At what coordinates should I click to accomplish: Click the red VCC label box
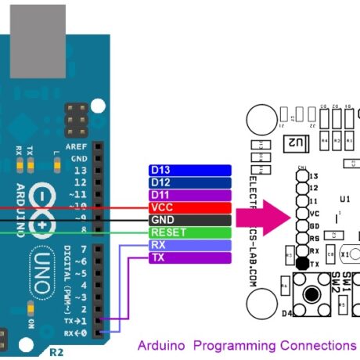[x=189, y=207]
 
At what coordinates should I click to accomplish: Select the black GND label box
[x=189, y=220]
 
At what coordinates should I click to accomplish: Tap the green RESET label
[x=189, y=232]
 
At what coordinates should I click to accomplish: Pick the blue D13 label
[x=189, y=171]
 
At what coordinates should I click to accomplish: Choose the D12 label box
[x=189, y=183]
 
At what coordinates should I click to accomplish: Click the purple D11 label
[x=189, y=195]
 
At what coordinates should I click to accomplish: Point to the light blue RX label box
[x=189, y=245]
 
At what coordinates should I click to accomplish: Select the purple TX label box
[x=189, y=257]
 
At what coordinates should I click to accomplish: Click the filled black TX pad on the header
[x=302, y=265]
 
